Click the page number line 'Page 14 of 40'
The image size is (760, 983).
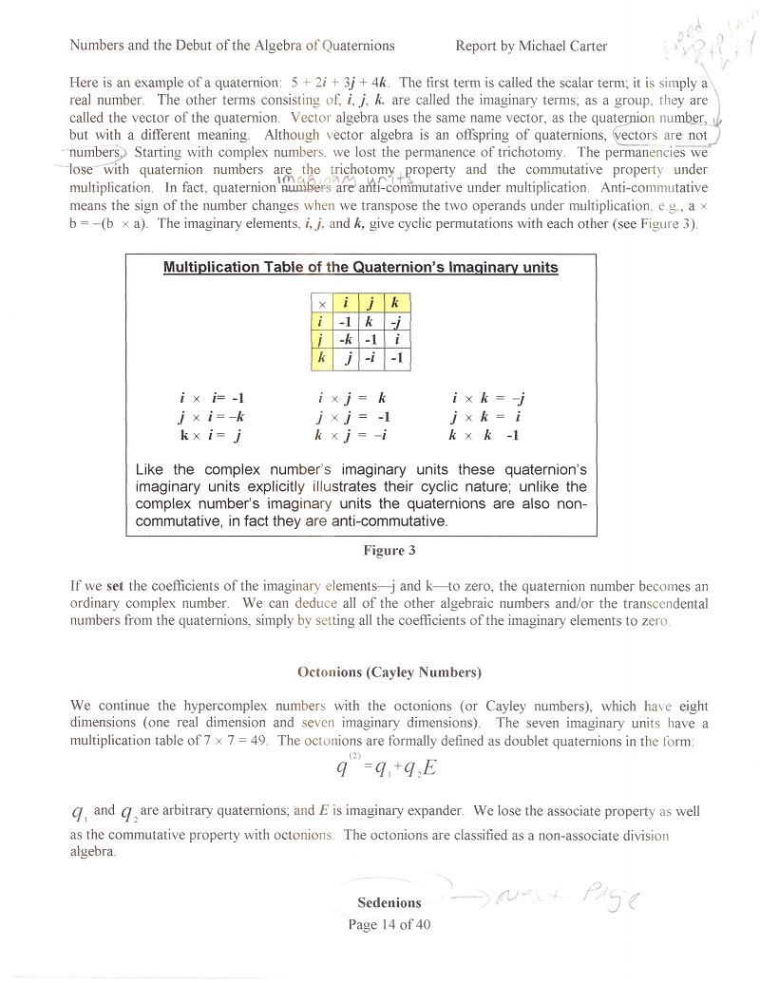(389, 926)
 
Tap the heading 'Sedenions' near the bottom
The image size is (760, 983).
(389, 902)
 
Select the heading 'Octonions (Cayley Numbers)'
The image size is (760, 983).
(389, 672)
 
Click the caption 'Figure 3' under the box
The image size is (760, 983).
(389, 550)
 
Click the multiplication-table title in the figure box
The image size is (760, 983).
(361, 268)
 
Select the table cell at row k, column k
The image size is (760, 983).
(395, 358)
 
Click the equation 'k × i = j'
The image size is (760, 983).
(210, 436)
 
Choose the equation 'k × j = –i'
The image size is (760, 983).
(349, 436)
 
